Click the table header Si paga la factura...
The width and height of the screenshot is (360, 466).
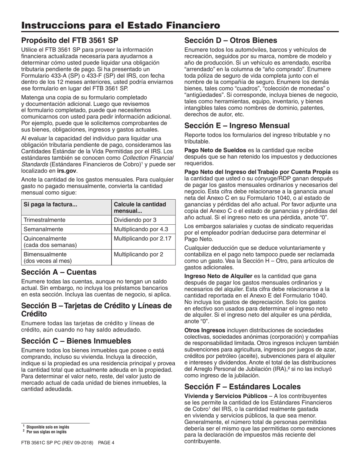(50, 204)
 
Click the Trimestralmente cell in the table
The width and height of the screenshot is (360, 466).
(44, 220)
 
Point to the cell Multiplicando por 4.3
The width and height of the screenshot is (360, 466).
(141, 229)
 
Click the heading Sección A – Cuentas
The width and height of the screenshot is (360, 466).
(59, 272)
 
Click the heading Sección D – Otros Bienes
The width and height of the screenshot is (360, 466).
(230, 40)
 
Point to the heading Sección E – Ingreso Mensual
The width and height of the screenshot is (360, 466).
(237, 125)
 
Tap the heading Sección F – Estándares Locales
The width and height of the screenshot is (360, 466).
(242, 386)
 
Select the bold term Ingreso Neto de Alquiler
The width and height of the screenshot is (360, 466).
(218, 276)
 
